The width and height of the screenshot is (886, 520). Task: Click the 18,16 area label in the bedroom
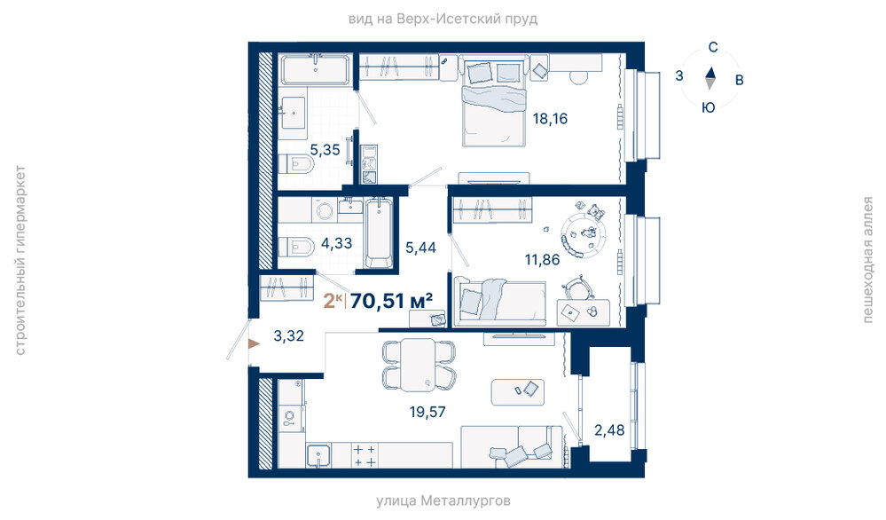(x=550, y=119)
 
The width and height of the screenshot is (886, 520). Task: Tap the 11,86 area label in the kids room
(x=542, y=259)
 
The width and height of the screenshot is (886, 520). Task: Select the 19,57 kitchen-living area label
(x=427, y=412)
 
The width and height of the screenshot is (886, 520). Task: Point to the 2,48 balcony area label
(x=609, y=430)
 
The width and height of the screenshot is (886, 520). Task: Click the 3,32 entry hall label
(x=289, y=335)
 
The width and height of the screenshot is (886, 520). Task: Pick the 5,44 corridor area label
(x=420, y=247)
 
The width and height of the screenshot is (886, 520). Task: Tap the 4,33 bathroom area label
(x=336, y=243)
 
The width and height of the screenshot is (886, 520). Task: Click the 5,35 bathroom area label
(x=325, y=150)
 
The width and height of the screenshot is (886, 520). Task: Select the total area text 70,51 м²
(x=391, y=301)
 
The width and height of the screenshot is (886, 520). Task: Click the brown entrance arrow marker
(x=254, y=343)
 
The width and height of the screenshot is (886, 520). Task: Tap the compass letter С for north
(x=713, y=48)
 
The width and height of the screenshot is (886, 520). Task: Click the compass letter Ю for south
(x=709, y=107)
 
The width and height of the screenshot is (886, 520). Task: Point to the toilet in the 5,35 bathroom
(x=296, y=164)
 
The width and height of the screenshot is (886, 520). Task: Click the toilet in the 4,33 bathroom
(x=296, y=248)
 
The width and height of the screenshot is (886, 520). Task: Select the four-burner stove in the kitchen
(x=365, y=455)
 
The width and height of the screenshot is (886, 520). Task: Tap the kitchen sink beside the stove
(x=318, y=455)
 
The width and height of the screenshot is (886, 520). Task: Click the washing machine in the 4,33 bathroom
(x=324, y=210)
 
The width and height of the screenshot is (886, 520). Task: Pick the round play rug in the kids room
(x=584, y=232)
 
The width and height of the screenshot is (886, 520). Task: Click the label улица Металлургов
(x=443, y=500)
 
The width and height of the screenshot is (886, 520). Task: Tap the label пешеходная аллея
(x=868, y=259)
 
